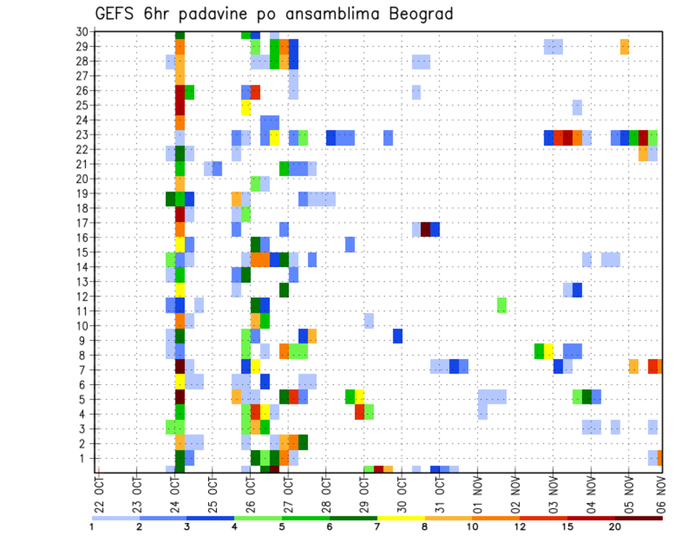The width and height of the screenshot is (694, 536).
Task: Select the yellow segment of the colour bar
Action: [401, 518]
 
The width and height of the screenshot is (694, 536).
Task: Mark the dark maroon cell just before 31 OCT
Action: [426, 230]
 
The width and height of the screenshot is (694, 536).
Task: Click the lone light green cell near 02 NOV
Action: [502, 305]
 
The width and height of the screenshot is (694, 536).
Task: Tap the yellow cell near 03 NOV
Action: [549, 351]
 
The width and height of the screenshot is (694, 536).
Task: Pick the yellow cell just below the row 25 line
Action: [246, 108]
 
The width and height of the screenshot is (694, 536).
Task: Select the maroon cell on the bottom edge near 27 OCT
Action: [274, 469]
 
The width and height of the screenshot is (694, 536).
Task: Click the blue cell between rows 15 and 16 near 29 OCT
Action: [350, 244]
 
